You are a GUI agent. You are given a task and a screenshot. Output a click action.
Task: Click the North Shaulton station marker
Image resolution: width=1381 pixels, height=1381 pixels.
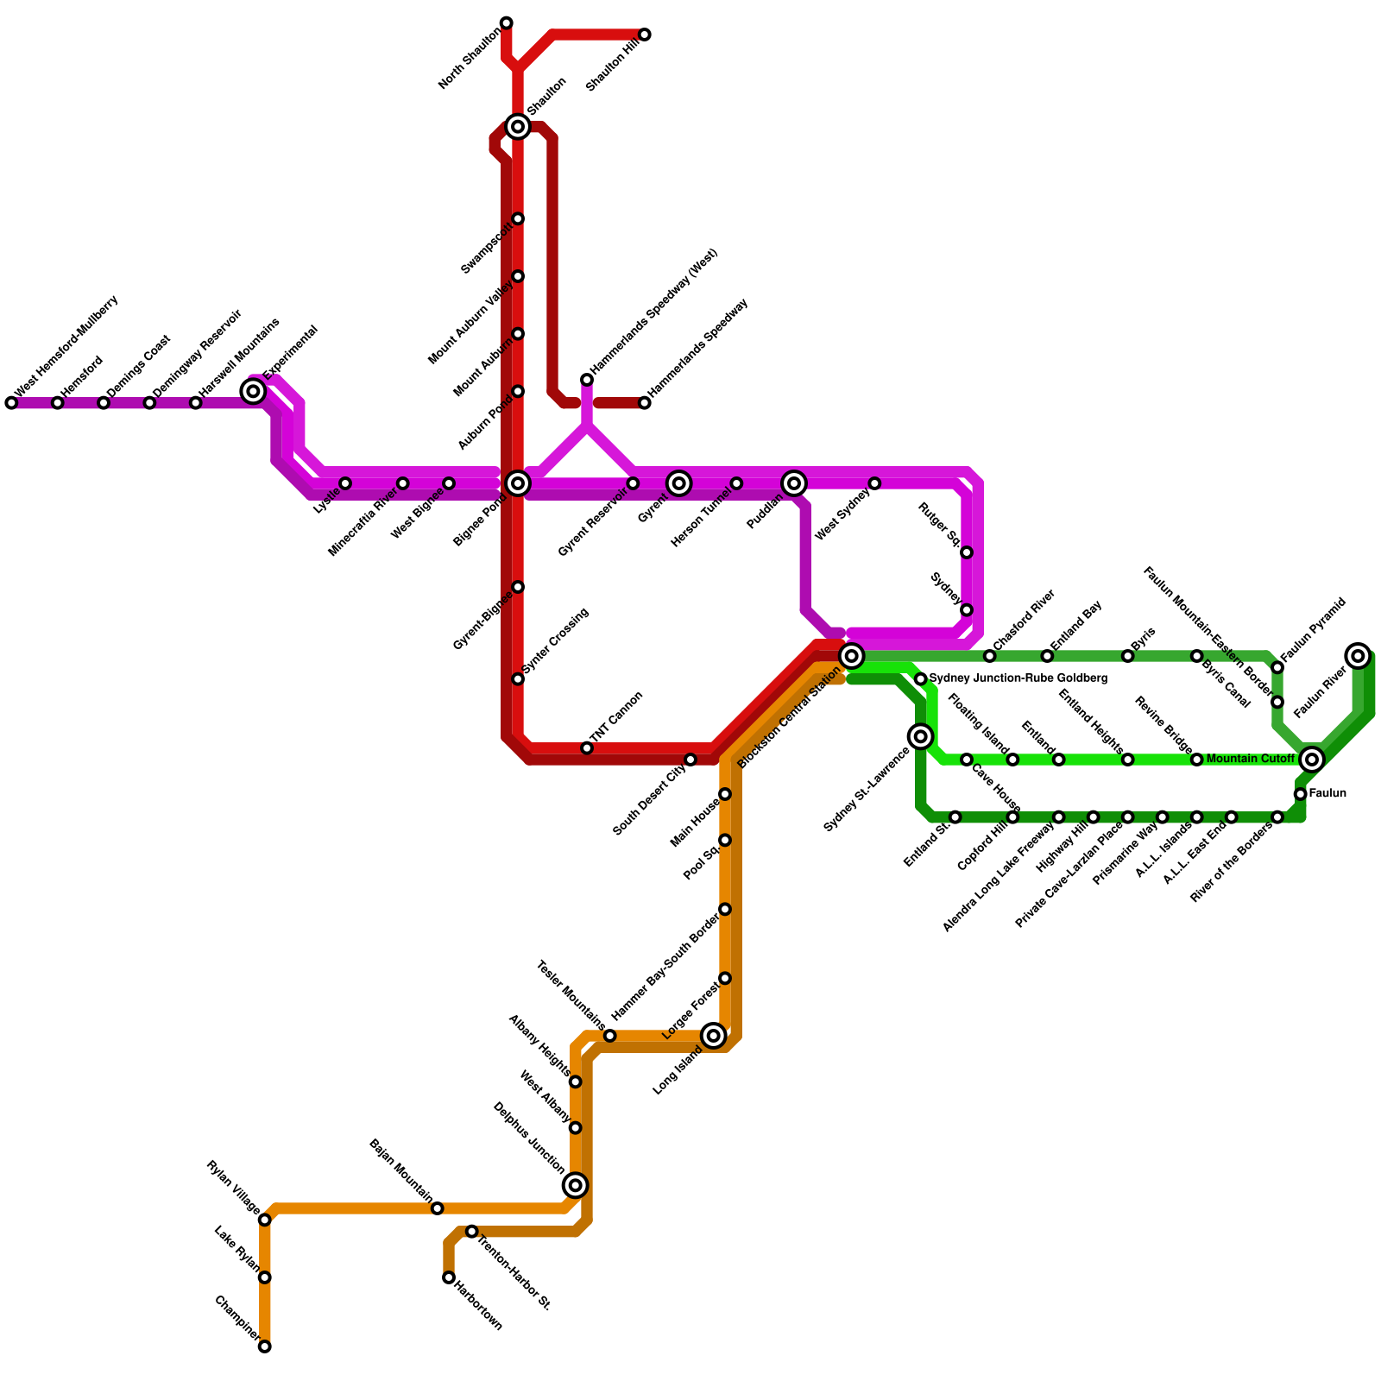coord(507,22)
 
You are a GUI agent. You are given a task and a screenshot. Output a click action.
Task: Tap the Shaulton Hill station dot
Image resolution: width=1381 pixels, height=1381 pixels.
coord(645,35)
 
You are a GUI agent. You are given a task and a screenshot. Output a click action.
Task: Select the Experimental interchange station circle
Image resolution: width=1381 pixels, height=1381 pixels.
coord(253,392)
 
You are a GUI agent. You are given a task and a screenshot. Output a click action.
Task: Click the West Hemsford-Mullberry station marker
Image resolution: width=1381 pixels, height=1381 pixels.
coord(11,403)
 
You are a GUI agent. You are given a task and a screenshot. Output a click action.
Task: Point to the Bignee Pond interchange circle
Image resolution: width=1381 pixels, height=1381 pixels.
coord(518,483)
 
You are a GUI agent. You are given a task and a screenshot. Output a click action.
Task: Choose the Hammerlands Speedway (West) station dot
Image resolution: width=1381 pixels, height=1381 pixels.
coord(587,380)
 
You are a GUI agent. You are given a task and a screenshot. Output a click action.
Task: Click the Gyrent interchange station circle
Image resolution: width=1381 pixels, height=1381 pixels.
coord(679,483)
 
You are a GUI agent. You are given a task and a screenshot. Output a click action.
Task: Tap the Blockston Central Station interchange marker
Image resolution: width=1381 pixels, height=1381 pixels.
coord(852,656)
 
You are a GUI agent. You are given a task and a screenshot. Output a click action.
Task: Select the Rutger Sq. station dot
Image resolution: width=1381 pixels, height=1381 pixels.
coord(967,552)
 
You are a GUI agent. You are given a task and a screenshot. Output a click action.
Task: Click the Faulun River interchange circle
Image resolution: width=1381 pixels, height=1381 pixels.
coord(1359,656)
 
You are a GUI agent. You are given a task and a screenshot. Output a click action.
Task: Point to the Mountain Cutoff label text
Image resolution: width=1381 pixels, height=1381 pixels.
coord(1250,760)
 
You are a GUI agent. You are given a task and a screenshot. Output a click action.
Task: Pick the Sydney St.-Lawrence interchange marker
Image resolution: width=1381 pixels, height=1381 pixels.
coord(921,736)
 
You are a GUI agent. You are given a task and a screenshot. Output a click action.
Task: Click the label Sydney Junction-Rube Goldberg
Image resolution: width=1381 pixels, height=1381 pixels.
coord(1018,679)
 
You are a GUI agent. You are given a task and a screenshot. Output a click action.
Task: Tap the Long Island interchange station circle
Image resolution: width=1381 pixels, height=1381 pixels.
coord(714,1036)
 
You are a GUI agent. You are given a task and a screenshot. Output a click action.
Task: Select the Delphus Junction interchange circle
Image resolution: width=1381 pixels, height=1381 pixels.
coord(576,1185)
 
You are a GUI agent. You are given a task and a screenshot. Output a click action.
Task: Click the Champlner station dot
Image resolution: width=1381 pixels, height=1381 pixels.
coord(265,1346)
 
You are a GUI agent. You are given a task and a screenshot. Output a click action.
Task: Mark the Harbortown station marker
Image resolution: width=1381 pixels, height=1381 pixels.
coord(449,1277)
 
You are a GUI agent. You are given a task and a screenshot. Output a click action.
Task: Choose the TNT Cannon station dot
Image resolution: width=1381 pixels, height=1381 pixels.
coord(587,747)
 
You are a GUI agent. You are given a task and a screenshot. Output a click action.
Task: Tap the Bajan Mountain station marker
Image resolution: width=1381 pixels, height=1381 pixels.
coord(438,1208)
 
